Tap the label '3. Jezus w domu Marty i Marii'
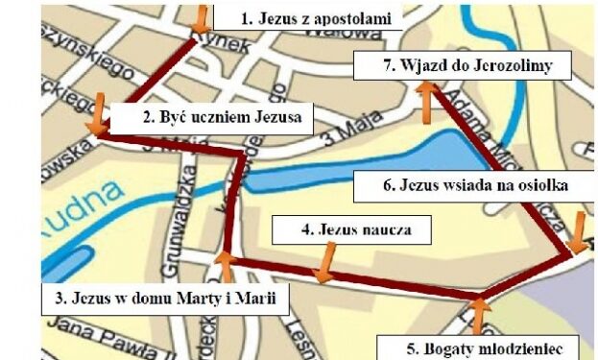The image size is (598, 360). coord(164,299)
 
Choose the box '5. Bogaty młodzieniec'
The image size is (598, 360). coord(477,346)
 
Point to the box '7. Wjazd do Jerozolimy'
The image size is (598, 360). coord(463,66)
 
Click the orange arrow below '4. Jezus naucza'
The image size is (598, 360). coord(324,265)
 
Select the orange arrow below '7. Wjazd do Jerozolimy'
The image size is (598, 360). coord(426,102)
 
